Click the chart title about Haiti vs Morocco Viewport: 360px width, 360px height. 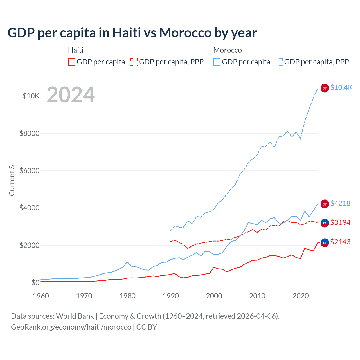pyautogui.click(x=132, y=33)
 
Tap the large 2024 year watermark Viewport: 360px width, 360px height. pyautogui.click(x=71, y=95)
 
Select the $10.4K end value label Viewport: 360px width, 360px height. pyautogui.click(x=341, y=87)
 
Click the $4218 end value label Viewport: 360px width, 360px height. pyautogui.click(x=340, y=203)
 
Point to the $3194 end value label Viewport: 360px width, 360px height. pyautogui.click(x=340, y=222)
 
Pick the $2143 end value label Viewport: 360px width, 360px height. pyautogui.click(x=340, y=242)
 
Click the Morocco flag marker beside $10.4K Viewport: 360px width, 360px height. pyautogui.click(x=325, y=88)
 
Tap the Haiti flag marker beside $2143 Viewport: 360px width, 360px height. pyautogui.click(x=325, y=242)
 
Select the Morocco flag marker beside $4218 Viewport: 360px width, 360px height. pyautogui.click(x=325, y=204)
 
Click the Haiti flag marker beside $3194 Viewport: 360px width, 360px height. pyautogui.click(x=325, y=223)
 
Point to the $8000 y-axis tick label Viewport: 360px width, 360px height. pyautogui.click(x=29, y=133)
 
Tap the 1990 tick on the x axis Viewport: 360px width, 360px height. pyautogui.click(x=171, y=296)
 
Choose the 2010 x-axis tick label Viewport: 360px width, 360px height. pyautogui.click(x=257, y=296)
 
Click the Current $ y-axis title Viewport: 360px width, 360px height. pyautogui.click(x=12, y=180)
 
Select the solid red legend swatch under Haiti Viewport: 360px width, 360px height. pyautogui.click(x=72, y=62)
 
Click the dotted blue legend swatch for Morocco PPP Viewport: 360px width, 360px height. pyautogui.click(x=279, y=62)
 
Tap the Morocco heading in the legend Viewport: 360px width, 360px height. pyautogui.click(x=228, y=50)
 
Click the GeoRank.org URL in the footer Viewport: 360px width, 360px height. pyautogui.click(x=71, y=327)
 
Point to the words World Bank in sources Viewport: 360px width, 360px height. pyautogui.click(x=75, y=316)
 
